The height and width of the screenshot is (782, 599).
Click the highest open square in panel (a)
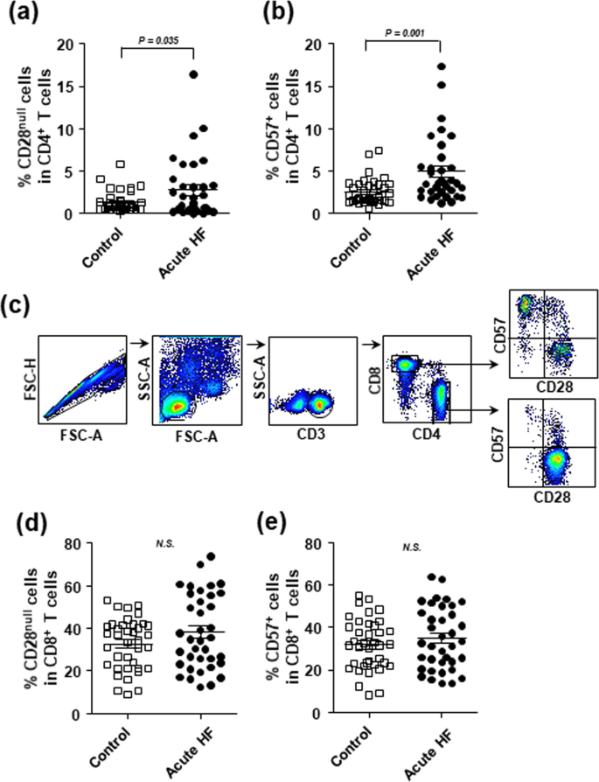(x=121, y=164)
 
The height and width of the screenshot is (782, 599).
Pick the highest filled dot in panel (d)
(x=211, y=556)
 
